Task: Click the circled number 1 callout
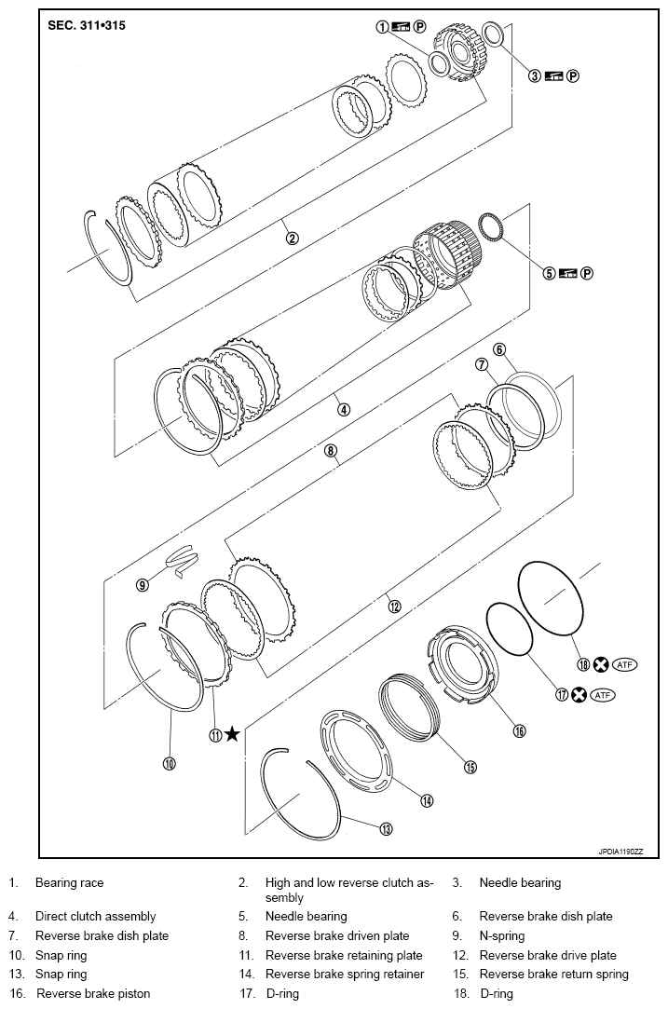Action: [382, 27]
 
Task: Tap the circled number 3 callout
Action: [535, 75]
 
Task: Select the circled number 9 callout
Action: [142, 585]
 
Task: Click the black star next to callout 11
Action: [232, 735]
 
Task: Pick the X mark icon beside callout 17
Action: [579, 695]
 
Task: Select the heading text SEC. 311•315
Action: [87, 25]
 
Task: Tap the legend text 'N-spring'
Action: [502, 935]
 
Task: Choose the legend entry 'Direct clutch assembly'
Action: [95, 917]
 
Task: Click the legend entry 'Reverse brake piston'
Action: [92, 993]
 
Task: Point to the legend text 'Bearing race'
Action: [69, 882]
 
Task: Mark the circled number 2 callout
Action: [292, 238]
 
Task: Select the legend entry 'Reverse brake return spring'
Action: [553, 975]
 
